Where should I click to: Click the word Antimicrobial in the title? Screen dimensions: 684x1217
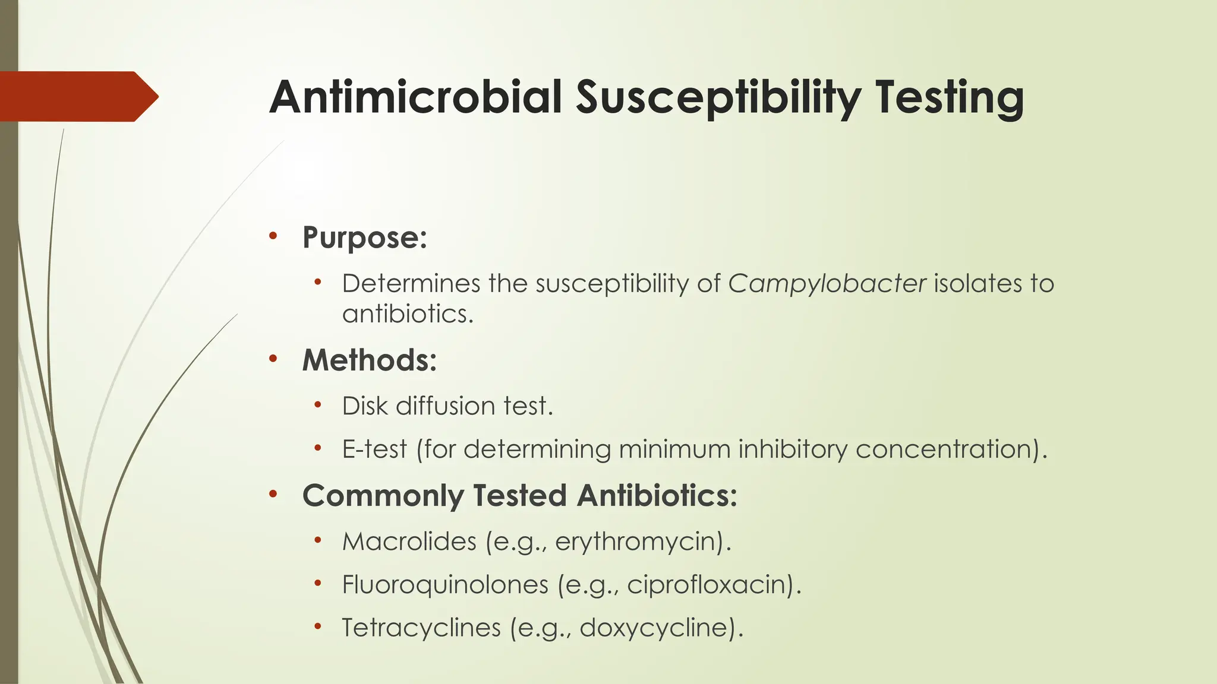pyautogui.click(x=415, y=97)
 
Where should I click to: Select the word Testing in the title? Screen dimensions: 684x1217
pyautogui.click(x=949, y=98)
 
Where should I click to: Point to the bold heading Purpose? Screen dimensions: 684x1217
pyautogui.click(x=364, y=237)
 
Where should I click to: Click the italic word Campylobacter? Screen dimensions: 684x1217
pyautogui.click(x=827, y=284)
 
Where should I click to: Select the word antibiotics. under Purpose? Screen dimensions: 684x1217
pyautogui.click(x=408, y=313)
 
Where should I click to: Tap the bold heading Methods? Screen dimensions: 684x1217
pyautogui.click(x=369, y=360)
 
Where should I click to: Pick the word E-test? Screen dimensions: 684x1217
pyautogui.click(x=374, y=449)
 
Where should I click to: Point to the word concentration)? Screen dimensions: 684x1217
pyautogui.click(x=951, y=449)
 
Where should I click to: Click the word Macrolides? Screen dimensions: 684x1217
pyautogui.click(x=409, y=541)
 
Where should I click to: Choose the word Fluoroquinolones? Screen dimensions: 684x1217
pyautogui.click(x=445, y=585)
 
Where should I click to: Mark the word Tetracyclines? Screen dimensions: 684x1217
pyautogui.click(x=421, y=628)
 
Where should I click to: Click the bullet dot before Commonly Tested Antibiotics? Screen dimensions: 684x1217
pyautogui.click(x=273, y=494)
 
